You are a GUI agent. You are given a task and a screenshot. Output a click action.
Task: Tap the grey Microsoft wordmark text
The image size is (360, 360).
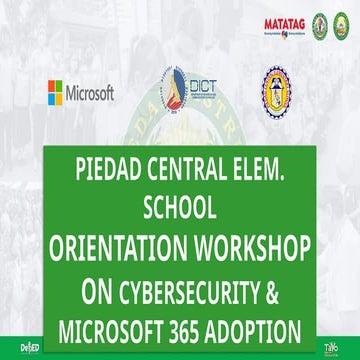click(91, 93)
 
